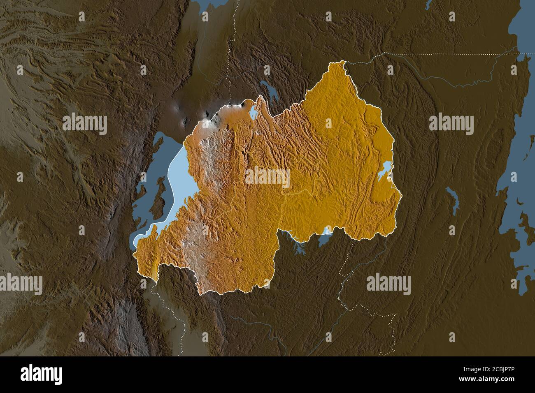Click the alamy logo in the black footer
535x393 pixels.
(x=42, y=375)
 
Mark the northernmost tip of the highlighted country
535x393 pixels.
(x=342, y=61)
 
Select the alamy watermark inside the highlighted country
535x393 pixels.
(x=267, y=176)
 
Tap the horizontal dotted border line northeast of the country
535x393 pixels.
(x=432, y=53)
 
